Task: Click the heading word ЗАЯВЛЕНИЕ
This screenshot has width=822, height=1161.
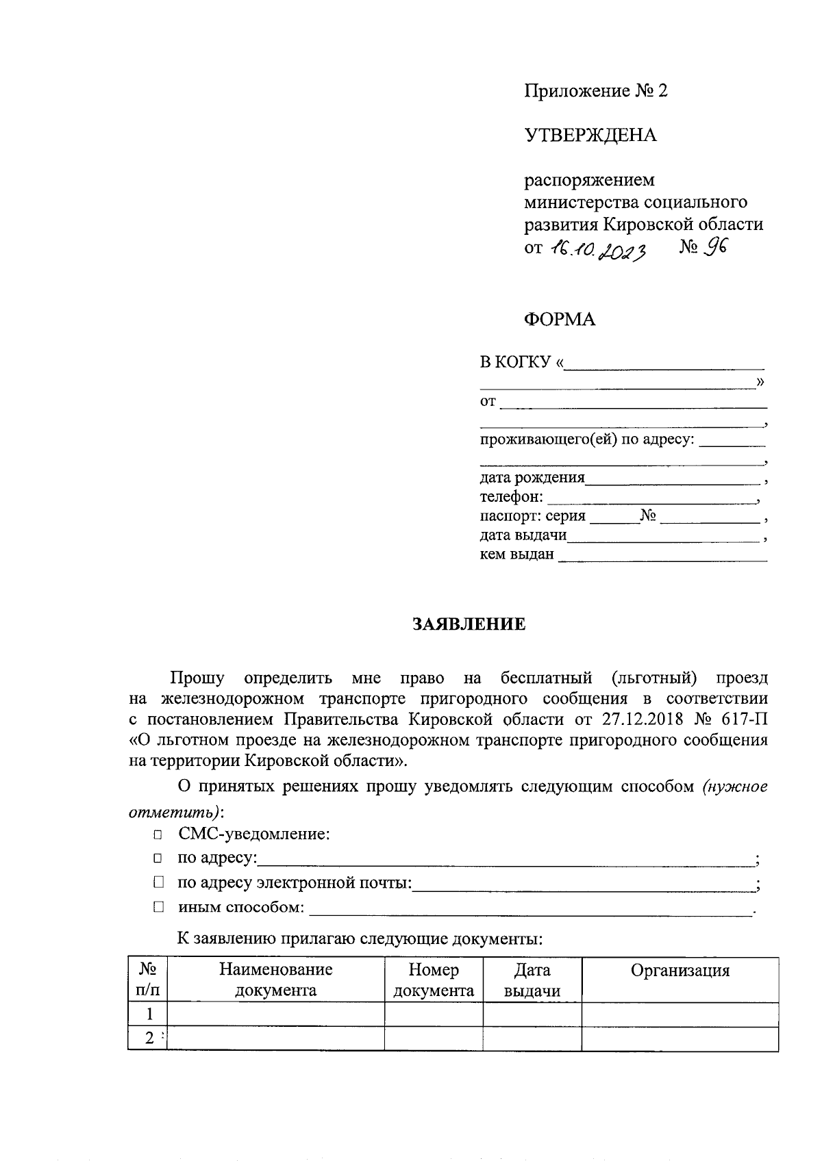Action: click(469, 624)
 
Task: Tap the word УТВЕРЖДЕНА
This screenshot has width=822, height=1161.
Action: click(590, 136)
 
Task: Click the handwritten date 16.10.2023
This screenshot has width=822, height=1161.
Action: click(598, 251)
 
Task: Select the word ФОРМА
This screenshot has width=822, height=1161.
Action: click(560, 320)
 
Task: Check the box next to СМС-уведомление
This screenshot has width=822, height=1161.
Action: click(158, 835)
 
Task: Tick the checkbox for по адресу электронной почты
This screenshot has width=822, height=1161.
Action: click(158, 883)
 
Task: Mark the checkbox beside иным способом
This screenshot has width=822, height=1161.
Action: click(158, 908)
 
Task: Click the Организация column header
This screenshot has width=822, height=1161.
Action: click(680, 971)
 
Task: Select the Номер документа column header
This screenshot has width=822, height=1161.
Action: click(434, 980)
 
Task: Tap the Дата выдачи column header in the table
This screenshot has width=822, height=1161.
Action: click(532, 980)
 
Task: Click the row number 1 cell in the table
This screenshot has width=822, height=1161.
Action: click(149, 1015)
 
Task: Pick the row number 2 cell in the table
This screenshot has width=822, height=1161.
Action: click(149, 1038)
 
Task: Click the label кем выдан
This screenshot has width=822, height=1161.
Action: click(516, 554)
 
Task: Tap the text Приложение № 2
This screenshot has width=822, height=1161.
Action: click(595, 91)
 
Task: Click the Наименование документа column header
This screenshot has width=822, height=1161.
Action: click(276, 980)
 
